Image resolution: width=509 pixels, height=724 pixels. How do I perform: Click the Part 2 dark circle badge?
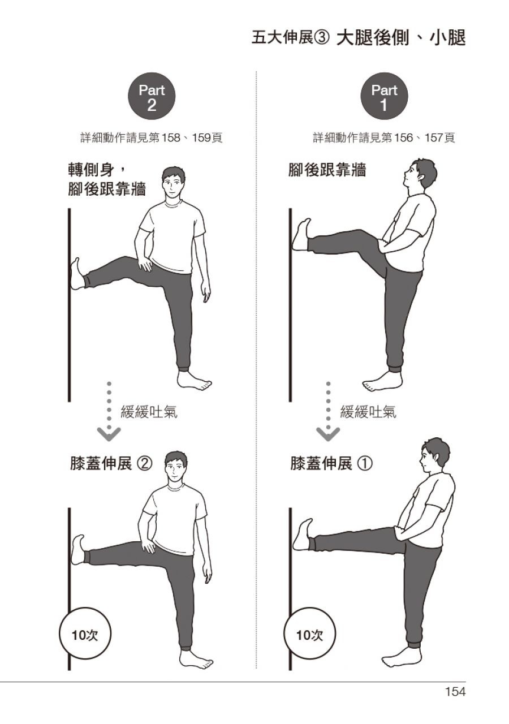tap(152, 96)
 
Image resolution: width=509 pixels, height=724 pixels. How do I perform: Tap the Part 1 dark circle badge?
tap(384, 96)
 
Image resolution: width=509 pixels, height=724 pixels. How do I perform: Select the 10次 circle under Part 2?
tap(85, 635)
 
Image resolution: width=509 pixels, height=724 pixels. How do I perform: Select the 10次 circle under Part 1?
tap(309, 635)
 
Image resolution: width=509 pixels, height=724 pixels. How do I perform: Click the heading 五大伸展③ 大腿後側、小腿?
tap(359, 38)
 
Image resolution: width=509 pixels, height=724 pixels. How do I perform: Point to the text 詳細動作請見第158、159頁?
tap(151, 138)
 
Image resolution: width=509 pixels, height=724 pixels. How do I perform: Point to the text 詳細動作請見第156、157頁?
tap(384, 138)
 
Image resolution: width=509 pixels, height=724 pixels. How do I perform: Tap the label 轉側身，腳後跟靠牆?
tap(107, 180)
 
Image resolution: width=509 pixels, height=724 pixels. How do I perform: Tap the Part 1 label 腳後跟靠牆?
tap(327, 170)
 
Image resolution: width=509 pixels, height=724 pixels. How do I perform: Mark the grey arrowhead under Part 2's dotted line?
tap(109, 433)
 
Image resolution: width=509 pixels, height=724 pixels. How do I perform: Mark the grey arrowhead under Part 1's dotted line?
tap(328, 433)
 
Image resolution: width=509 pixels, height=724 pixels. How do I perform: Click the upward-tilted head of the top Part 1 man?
tap(420, 175)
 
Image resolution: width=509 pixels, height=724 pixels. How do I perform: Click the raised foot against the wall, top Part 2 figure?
tap(77, 273)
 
